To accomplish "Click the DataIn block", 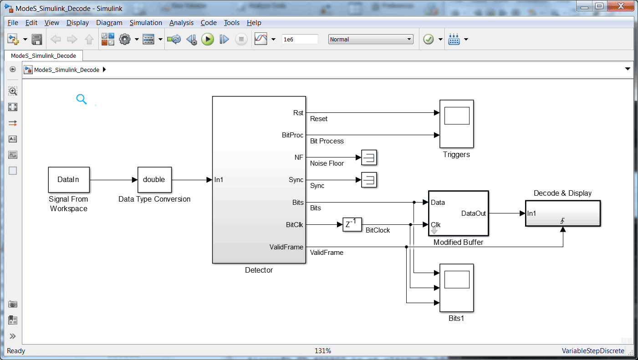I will point(69,179).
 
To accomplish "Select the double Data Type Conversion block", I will point(154,179).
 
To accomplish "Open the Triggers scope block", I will point(456,124).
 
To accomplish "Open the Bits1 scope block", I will point(456,288).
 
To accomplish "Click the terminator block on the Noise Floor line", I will point(369,157).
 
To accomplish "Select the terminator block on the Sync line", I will point(369,180).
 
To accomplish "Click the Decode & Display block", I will point(563,213).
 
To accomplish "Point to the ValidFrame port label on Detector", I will point(286,247).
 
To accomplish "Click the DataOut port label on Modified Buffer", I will point(474,213).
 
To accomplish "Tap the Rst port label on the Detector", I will point(298,113).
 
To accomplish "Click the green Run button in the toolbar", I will point(208,40).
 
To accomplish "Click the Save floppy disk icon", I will point(37,40).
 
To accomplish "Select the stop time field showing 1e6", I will point(300,40).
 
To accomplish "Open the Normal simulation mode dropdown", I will point(370,40).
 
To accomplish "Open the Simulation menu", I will point(146,23).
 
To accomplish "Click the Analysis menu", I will point(181,23).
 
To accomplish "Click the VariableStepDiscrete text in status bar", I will point(593,351).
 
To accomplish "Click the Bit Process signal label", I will point(327,141).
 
